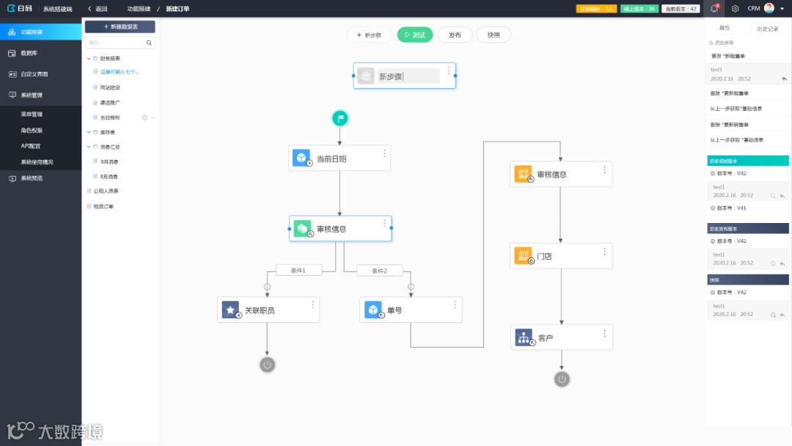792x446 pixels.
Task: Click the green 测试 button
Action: pyautogui.click(x=415, y=34)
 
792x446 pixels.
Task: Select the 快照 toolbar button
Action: pyautogui.click(x=494, y=34)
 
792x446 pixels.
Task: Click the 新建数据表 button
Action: pyautogui.click(x=120, y=26)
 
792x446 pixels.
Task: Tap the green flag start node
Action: pyautogui.click(x=340, y=118)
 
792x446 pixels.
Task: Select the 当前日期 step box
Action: pyautogui.click(x=339, y=158)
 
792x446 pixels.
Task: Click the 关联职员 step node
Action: pyautogui.click(x=268, y=310)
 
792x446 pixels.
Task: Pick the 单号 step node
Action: pyautogui.click(x=411, y=310)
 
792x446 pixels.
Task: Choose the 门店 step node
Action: pyautogui.click(x=561, y=256)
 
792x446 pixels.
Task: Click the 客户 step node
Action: pyautogui.click(x=561, y=337)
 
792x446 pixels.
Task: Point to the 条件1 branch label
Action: pyautogui.click(x=298, y=271)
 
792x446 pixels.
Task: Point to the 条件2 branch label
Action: pyautogui.click(x=379, y=271)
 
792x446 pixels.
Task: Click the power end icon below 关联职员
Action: pyautogui.click(x=268, y=365)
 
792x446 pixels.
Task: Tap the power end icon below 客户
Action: pyautogui.click(x=562, y=379)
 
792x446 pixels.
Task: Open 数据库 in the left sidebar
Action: pyautogui.click(x=29, y=54)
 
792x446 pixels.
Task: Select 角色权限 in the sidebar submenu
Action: pyautogui.click(x=32, y=130)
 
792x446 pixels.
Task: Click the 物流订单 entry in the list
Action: pyautogui.click(x=102, y=206)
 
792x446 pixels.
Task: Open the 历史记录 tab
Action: pyautogui.click(x=767, y=29)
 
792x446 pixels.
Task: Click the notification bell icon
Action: pyautogui.click(x=714, y=9)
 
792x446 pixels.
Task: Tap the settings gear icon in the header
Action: pyautogui.click(x=735, y=9)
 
